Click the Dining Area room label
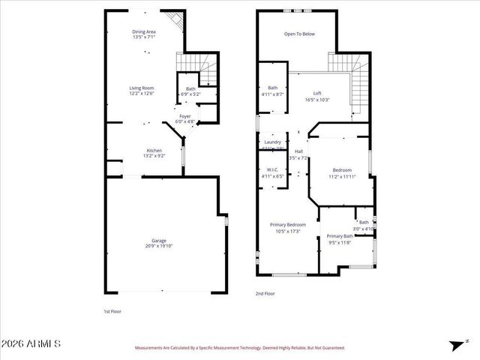click(144, 31)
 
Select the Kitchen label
click(154, 151)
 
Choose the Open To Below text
click(298, 34)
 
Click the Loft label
click(317, 94)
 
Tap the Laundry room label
click(272, 142)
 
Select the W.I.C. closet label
click(272, 169)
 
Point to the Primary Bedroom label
click(288, 224)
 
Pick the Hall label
click(298, 152)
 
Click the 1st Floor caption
click(112, 310)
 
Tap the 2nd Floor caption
click(265, 293)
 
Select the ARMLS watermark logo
click(31, 344)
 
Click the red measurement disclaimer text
click(239, 348)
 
